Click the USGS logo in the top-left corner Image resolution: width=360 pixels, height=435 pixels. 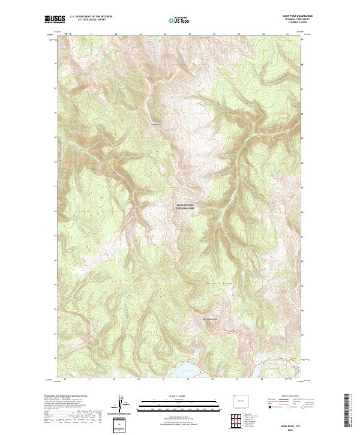tap(55, 20)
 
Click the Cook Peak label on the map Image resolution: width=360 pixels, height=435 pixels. tap(157, 125)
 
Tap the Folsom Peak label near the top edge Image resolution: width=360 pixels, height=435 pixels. tap(205, 37)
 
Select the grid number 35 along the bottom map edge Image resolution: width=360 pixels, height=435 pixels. tap(188, 380)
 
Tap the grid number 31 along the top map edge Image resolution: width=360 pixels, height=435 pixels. tap(90, 34)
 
